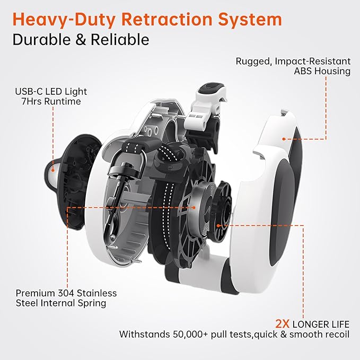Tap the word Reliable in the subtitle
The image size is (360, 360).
120,39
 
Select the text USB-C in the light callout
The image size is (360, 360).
29,91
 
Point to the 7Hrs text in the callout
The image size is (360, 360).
32,101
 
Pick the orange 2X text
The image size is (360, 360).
283,324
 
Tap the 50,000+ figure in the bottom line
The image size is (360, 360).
190,334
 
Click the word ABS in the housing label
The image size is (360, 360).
303,71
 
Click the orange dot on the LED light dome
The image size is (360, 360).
53,170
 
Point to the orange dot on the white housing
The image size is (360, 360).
284,139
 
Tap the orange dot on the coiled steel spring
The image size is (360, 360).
194,207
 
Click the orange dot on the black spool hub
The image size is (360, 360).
218,226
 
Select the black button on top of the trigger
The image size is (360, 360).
210,88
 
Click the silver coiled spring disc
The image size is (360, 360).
200,207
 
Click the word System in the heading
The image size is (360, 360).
250,20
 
